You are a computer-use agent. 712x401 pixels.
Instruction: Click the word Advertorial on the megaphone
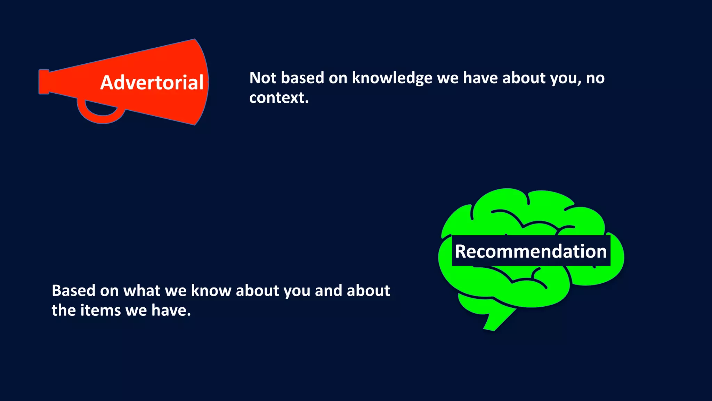coord(152,83)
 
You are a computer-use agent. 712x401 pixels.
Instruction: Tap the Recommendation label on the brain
coord(531,251)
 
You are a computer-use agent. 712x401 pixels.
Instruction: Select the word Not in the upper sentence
coord(263,78)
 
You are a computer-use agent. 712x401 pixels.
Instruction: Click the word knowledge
coord(392,78)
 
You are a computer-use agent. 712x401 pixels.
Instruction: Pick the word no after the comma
coord(595,78)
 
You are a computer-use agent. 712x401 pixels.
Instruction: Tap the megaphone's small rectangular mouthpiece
coord(44,82)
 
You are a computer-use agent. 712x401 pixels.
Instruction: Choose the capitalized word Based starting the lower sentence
coord(73,291)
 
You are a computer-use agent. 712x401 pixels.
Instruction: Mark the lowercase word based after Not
coord(302,78)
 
